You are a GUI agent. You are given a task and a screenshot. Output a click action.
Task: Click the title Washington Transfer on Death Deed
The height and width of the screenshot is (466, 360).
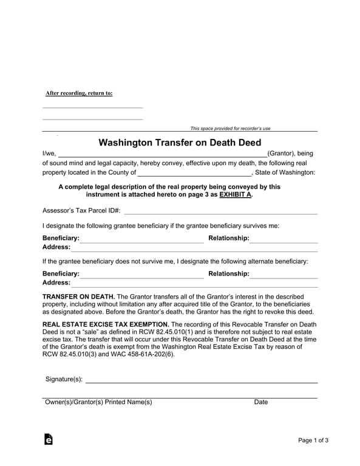[x=180, y=143]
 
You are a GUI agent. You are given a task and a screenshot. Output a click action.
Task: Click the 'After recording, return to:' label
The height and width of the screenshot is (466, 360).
[x=79, y=93]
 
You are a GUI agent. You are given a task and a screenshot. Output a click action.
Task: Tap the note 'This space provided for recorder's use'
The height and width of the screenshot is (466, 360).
[x=230, y=129]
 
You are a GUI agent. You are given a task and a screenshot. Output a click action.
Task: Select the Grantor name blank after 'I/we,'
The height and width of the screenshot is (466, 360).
[x=161, y=154]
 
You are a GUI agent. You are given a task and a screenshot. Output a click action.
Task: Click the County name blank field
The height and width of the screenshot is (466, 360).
[x=190, y=172]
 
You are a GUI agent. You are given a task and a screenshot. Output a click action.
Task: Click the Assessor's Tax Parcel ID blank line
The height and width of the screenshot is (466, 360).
[x=220, y=211]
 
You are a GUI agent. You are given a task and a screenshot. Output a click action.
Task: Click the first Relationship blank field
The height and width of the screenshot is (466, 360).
[x=284, y=238]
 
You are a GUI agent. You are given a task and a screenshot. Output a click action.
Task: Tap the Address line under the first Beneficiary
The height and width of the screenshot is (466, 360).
[x=194, y=248]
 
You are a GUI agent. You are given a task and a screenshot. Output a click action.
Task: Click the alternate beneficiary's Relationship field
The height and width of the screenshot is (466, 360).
[x=284, y=274]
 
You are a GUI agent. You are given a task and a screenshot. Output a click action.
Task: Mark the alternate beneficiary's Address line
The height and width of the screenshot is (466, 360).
[x=194, y=283]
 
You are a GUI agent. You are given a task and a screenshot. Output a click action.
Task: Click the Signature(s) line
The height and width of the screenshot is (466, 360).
[x=201, y=380]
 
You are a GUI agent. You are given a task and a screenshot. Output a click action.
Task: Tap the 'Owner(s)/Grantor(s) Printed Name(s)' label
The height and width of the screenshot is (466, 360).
[x=98, y=402]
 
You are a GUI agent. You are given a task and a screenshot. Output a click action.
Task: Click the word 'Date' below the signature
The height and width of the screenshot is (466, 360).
[x=260, y=402]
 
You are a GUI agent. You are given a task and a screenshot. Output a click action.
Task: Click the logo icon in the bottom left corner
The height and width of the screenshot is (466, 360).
[x=49, y=439]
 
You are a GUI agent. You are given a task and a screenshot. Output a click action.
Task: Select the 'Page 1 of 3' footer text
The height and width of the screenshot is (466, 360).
[x=313, y=440]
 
